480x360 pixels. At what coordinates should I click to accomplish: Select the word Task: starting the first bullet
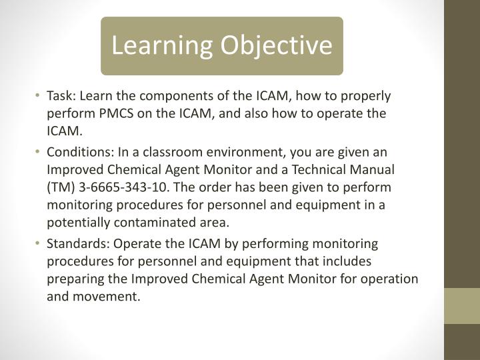coord(61,96)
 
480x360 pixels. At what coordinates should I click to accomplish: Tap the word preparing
coord(73,279)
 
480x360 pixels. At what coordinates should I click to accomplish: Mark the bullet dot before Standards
coord(40,244)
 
